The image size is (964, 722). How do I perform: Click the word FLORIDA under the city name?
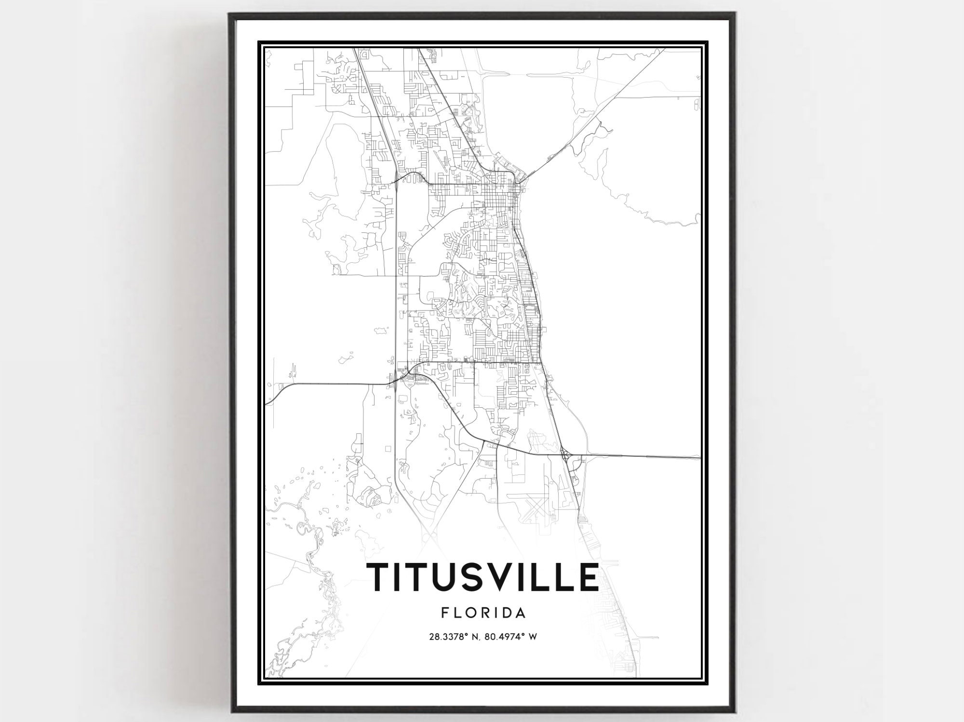click(x=483, y=613)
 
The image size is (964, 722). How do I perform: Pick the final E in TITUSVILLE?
click(x=588, y=576)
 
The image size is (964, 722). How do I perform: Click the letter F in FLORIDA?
click(x=444, y=613)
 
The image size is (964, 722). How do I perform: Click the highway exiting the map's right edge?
click(x=675, y=457)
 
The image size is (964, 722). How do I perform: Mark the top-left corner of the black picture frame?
click(x=230, y=13)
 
